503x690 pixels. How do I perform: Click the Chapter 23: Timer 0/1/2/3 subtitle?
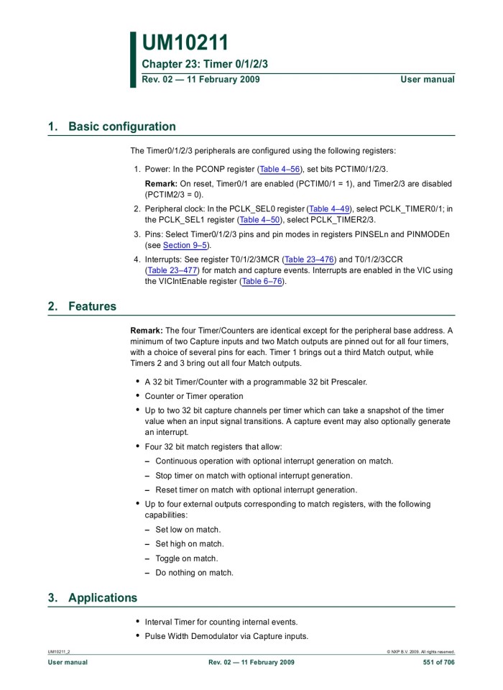click(x=205, y=65)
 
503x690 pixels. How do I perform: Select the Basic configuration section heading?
click(x=121, y=126)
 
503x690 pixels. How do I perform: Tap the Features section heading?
click(x=92, y=306)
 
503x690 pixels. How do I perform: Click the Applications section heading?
click(x=102, y=598)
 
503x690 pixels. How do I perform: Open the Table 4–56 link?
click(x=280, y=169)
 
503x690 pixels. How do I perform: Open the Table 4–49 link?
click(x=329, y=208)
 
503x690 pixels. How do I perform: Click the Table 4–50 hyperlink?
click(x=260, y=220)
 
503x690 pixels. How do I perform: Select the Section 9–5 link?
click(x=186, y=245)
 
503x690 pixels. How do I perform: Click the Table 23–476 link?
click(x=310, y=259)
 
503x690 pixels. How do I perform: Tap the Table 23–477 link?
click(x=172, y=270)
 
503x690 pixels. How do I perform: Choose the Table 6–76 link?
click(x=262, y=281)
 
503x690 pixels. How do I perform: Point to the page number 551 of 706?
click(x=438, y=662)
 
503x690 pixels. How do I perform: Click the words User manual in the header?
click(x=428, y=79)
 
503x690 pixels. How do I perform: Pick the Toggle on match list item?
click(x=186, y=558)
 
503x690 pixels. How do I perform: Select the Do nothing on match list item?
click(x=194, y=573)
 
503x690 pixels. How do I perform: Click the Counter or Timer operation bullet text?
click(x=194, y=396)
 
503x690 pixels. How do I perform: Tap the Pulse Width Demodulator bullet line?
click(x=226, y=636)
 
